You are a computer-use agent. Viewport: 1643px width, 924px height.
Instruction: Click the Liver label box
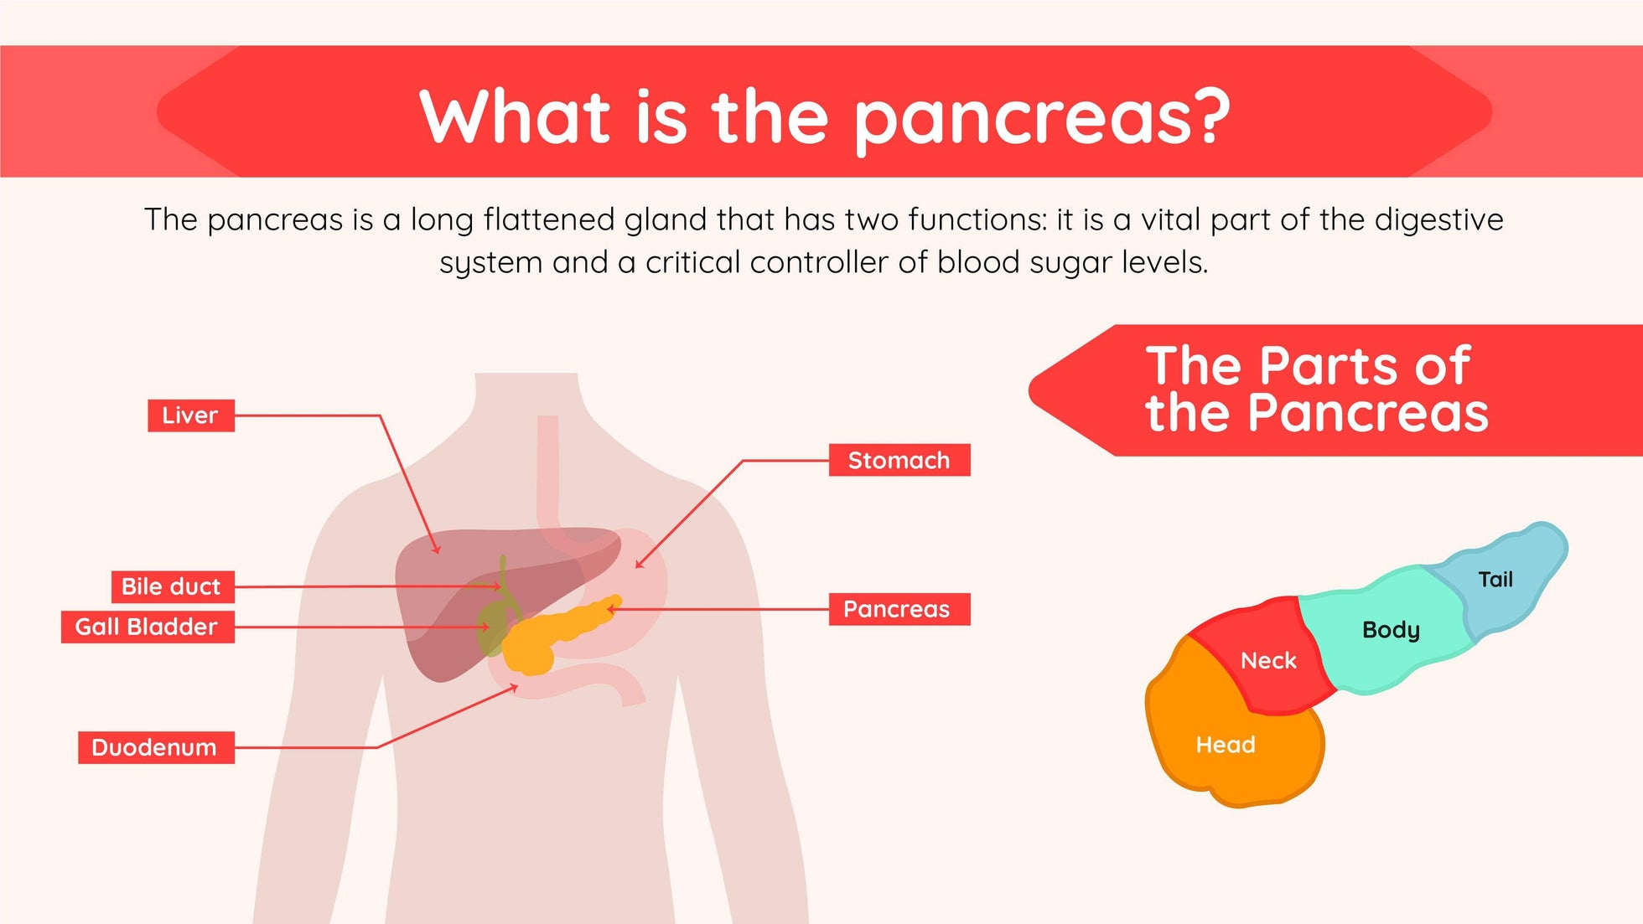pos(190,416)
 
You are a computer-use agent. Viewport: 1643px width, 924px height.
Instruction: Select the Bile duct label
pos(172,586)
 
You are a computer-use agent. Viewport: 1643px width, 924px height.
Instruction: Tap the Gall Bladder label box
pos(147,627)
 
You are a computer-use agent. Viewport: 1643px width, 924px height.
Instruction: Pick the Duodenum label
pos(155,747)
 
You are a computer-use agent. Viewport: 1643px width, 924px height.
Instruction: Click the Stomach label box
pos(899,460)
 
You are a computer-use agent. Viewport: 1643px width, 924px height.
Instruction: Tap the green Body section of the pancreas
pos(1387,632)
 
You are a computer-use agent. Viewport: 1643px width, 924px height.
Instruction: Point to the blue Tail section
pos(1500,578)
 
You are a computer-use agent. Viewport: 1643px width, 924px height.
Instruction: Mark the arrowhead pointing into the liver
pos(436,550)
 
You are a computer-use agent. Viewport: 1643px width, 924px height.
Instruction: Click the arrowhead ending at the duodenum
pos(515,687)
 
